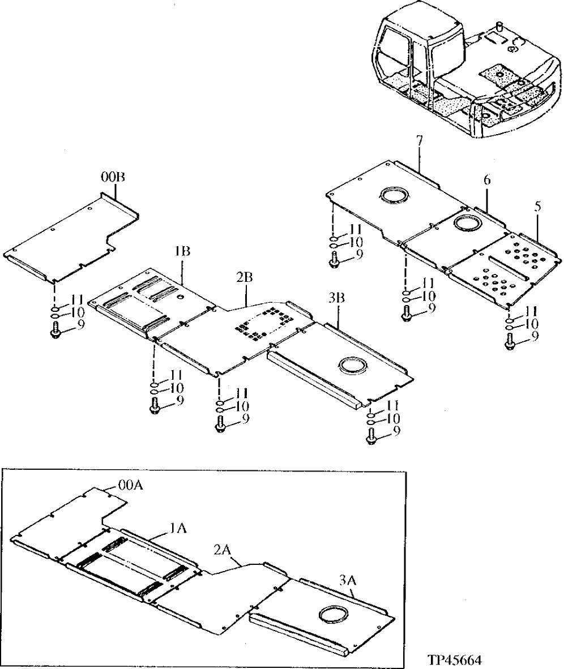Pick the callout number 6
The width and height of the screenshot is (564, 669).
click(x=486, y=180)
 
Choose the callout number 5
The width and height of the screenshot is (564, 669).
click(x=537, y=207)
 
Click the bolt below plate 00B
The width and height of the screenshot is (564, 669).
click(x=55, y=329)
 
